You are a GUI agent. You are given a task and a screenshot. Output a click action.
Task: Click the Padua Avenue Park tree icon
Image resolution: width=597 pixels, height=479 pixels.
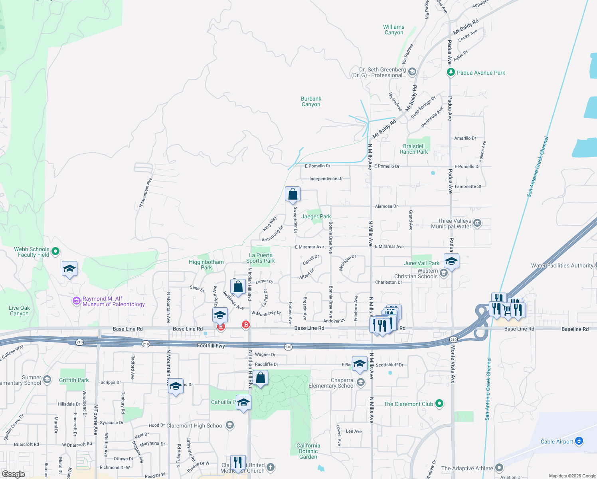tap(451, 72)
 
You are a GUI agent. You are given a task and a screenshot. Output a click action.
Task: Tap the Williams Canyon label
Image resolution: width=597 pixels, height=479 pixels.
tap(393, 30)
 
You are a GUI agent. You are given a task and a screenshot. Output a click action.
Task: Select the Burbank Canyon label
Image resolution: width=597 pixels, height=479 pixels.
tap(311, 101)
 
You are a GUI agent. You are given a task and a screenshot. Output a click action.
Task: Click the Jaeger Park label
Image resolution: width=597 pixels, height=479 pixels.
tap(316, 216)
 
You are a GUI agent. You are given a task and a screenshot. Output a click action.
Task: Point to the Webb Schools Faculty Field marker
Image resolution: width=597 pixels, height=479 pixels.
tap(55, 251)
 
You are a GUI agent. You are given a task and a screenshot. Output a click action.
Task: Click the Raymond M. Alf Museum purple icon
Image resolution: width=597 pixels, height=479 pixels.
tap(76, 301)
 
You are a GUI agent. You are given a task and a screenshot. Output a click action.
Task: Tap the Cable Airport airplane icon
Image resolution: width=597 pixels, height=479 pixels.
tap(579, 441)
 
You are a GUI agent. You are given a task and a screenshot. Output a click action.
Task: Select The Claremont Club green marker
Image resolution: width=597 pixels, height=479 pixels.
tap(439, 404)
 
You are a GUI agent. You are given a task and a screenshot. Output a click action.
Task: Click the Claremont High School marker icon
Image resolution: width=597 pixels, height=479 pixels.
tap(229, 425)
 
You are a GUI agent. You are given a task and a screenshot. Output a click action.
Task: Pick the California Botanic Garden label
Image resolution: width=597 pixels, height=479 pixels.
tap(308, 451)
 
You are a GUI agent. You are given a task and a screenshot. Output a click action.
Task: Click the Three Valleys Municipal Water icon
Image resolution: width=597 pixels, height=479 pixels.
tap(477, 223)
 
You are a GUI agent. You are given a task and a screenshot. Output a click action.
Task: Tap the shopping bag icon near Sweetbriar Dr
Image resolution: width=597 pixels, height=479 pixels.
tap(293, 194)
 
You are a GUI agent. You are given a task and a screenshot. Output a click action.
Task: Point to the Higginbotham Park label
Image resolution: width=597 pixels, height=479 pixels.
tap(206, 265)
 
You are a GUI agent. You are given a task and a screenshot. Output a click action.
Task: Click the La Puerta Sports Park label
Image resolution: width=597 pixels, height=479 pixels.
tap(261, 258)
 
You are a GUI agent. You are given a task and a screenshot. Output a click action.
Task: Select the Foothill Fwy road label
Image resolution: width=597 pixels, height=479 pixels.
tap(211, 346)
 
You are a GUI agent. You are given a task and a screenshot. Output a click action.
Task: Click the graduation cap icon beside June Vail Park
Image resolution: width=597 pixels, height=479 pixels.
tap(451, 261)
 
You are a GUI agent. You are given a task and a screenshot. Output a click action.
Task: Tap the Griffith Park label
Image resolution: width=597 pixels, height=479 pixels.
tap(74, 380)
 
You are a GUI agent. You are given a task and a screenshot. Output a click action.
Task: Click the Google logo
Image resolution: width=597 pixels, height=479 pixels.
tap(13, 474)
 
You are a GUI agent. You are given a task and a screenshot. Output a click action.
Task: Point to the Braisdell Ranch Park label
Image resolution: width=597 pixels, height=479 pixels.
tap(414, 149)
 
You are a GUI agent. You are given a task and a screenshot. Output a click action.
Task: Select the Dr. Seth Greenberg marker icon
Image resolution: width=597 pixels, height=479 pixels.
tap(412, 72)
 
